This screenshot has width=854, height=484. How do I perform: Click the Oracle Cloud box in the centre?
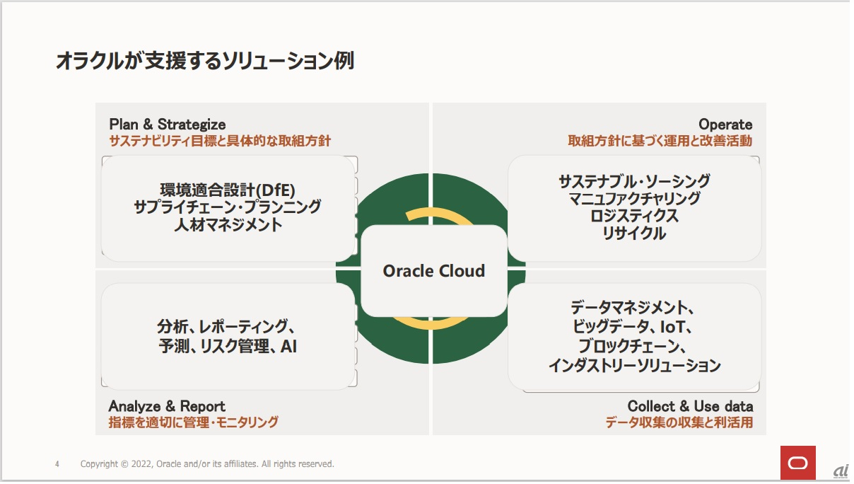(433, 271)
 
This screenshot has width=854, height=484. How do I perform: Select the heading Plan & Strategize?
(168, 125)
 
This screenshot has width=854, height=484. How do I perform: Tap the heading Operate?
(725, 125)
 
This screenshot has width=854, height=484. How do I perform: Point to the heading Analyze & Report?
(167, 406)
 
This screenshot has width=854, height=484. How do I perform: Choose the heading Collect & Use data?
(690, 406)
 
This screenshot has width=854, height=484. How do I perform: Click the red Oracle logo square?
(797, 463)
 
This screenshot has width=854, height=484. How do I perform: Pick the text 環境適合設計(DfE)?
(228, 190)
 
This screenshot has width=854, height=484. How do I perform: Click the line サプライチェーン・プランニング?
(228, 207)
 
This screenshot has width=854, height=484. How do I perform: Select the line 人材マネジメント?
(228, 226)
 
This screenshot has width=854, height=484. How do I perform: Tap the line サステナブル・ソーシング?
(634, 181)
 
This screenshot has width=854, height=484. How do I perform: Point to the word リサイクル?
(634, 234)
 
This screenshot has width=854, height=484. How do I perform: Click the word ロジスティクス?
(634, 216)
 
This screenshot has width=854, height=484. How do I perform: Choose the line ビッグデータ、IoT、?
(634, 327)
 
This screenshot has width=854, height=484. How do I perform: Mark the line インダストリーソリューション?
(634, 366)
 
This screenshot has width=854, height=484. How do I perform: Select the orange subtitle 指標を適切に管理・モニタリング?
(193, 422)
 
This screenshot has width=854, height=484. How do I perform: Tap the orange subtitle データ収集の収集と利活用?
(679, 423)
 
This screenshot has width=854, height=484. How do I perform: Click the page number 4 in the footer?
(57, 464)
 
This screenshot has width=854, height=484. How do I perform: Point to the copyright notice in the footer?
(207, 464)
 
